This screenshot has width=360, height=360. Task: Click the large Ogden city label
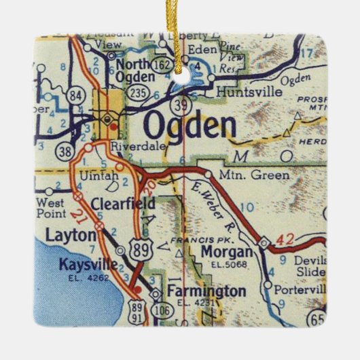(x=190, y=126)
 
